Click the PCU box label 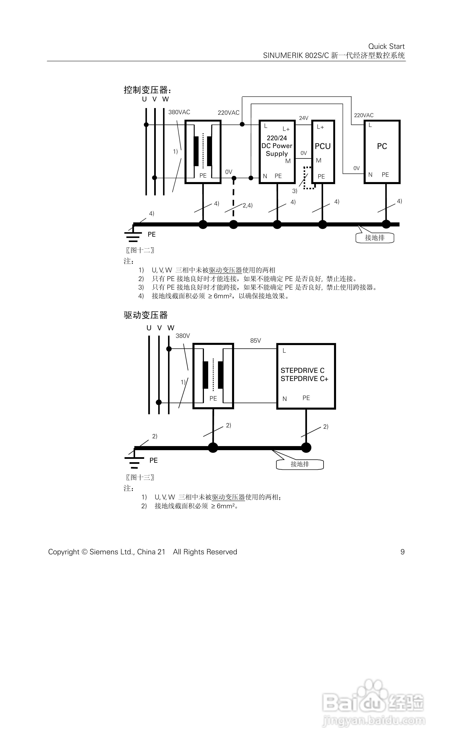[x=323, y=146]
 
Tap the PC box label [x=382, y=146]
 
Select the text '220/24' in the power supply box [x=277, y=138]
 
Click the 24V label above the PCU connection [x=303, y=118]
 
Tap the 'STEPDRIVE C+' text [x=304, y=379]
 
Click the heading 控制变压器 [x=147, y=90]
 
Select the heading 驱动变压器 [x=146, y=315]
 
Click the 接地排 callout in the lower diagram [x=300, y=464]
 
